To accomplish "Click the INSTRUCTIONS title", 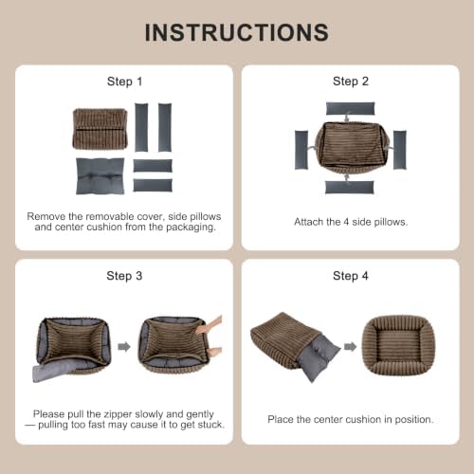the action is click(x=237, y=32).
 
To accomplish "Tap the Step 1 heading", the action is click(x=124, y=82).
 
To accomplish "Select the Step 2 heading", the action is click(x=351, y=82).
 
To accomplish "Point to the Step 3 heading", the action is click(x=124, y=276).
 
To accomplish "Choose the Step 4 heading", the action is click(x=351, y=276).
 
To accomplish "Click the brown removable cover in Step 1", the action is click(x=100, y=129).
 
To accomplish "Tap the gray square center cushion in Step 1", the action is click(x=100, y=176).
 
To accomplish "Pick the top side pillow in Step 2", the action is click(x=350, y=108).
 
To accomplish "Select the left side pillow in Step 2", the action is click(x=301, y=150).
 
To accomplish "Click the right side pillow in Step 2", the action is click(x=400, y=150).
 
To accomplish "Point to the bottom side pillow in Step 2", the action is click(x=350, y=188).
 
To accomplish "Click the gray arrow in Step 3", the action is click(x=124, y=347).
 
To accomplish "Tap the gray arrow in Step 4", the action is click(x=350, y=347).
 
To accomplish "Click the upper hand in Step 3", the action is click(x=210, y=325).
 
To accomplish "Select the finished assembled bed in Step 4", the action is click(x=398, y=345).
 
